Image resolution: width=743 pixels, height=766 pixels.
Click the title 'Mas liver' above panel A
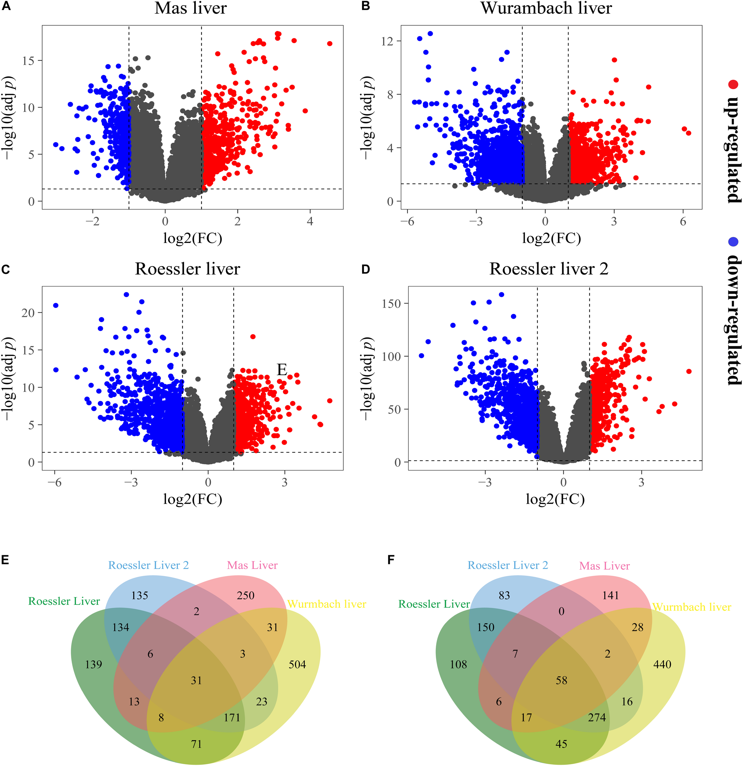pos(190,9)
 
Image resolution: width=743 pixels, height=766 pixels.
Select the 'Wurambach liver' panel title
pos(546,9)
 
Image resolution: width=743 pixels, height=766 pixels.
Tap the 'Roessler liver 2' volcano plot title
pos(549,269)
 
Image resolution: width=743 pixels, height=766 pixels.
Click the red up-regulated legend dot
pos(733,84)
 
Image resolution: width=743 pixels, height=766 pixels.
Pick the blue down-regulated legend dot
pos(733,242)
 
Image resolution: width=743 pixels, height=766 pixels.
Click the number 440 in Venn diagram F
pos(662,664)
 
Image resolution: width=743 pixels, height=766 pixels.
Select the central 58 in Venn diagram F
pos(561,681)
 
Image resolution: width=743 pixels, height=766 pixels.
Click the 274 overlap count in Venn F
pos(597,718)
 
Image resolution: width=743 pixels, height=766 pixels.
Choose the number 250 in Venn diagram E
pos(245,596)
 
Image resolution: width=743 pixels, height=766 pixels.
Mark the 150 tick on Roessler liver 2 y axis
pos(391,303)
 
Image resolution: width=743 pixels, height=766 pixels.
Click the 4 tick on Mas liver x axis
pos(310,222)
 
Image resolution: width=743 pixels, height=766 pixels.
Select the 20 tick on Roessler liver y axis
pos(28,313)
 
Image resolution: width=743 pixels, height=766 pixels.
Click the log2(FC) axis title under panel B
pos(551,238)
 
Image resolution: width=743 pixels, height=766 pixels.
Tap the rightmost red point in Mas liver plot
pos(330,44)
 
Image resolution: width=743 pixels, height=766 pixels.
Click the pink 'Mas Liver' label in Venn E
pos(252,565)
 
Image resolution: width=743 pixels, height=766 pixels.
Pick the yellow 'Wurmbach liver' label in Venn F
pos(692,607)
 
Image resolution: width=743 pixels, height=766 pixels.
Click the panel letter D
pos(366,269)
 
